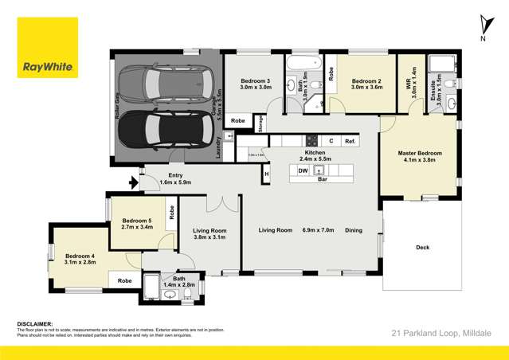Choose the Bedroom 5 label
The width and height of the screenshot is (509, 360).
(x=136, y=224)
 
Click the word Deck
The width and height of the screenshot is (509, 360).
(x=422, y=248)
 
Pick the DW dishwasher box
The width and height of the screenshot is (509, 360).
(x=303, y=170)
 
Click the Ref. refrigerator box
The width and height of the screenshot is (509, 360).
(x=350, y=141)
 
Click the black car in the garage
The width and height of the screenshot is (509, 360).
(x=163, y=126)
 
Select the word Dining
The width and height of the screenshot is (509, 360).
(x=353, y=231)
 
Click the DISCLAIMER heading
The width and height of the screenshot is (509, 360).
(x=34, y=325)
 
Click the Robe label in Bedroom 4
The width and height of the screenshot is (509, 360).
(x=124, y=280)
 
